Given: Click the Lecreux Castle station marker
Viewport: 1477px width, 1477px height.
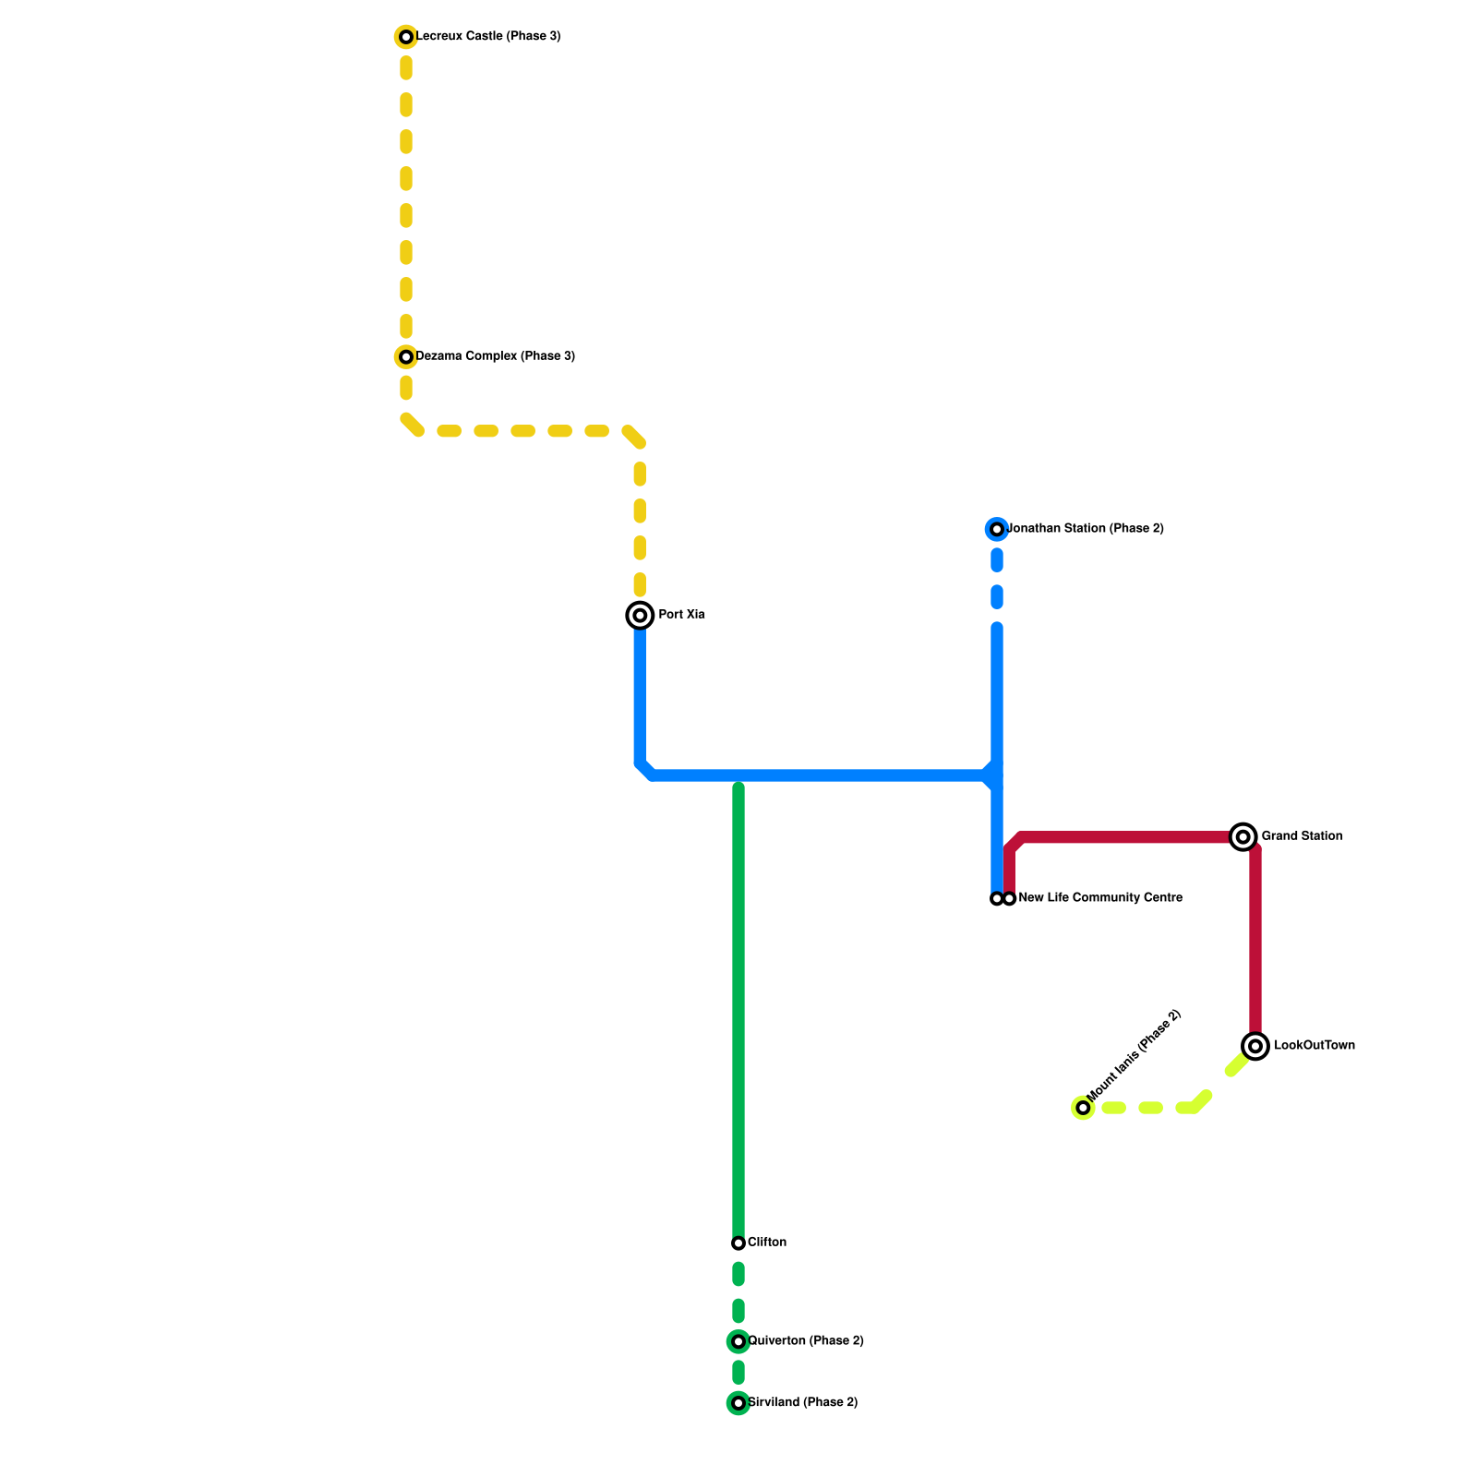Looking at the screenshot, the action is coord(406,37).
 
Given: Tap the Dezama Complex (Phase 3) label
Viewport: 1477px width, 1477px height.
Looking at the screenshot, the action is coord(495,356).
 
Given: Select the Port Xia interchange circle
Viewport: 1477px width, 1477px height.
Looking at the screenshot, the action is coord(640,615).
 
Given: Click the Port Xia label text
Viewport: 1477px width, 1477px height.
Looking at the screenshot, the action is coord(681,615).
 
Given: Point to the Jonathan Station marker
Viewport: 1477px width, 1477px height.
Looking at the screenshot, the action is coord(997,529).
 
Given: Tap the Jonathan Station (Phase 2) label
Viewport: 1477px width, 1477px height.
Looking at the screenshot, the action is coord(1086,529).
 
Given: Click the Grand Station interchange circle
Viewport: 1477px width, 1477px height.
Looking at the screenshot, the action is coord(1243,836).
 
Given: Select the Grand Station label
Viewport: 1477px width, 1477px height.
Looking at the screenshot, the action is coord(1302,836).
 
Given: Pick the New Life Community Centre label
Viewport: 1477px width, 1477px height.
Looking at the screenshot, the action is coord(1100,898).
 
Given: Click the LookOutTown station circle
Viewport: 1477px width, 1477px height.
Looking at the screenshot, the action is coord(1255,1046).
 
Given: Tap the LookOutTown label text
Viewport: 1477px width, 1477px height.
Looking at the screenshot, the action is coord(1315,1046).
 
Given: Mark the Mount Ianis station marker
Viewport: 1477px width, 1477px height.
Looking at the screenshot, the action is coord(1083,1108).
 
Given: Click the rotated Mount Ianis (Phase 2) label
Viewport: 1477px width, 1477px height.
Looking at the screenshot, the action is coord(1135,1056).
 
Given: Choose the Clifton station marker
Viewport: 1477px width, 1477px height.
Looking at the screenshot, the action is coord(738,1243).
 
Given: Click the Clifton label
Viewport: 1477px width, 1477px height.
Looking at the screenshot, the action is coord(767,1243).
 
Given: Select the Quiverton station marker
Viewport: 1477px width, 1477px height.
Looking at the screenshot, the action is coord(738,1341).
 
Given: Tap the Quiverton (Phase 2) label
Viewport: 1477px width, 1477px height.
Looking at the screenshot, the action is coord(806,1341).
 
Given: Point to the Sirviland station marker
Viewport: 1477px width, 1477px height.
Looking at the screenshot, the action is coord(738,1403).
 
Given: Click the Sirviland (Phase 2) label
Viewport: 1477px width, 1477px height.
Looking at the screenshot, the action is coord(803,1403).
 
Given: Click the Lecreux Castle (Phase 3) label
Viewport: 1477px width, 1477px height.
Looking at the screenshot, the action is coord(488,37).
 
